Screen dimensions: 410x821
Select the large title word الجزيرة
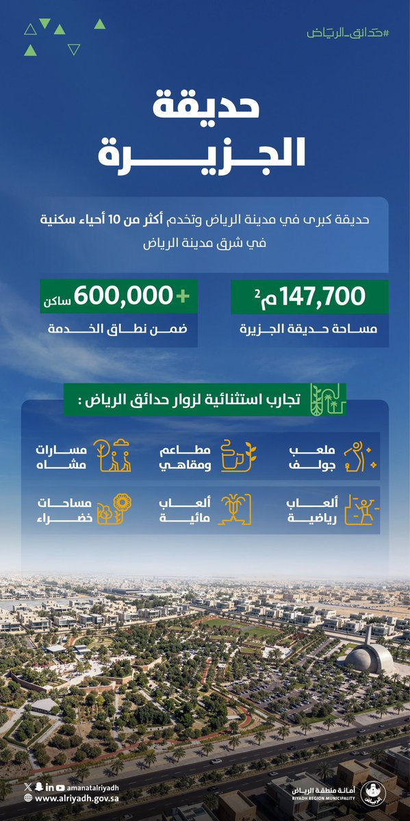205,156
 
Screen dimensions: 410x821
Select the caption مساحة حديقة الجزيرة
310,330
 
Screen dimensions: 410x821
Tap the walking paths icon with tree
112,456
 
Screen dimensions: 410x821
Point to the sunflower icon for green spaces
113,510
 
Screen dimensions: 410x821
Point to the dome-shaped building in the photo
370,659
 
